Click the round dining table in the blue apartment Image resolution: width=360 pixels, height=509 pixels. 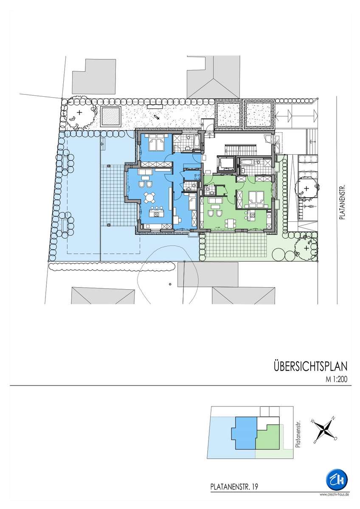click(x=149, y=198)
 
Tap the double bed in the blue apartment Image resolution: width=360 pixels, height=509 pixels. click(x=157, y=143)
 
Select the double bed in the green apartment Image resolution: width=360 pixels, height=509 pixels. click(x=256, y=198)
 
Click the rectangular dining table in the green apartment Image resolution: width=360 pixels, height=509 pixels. click(x=230, y=223)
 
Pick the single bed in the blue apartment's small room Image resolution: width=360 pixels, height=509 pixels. click(x=192, y=201)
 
